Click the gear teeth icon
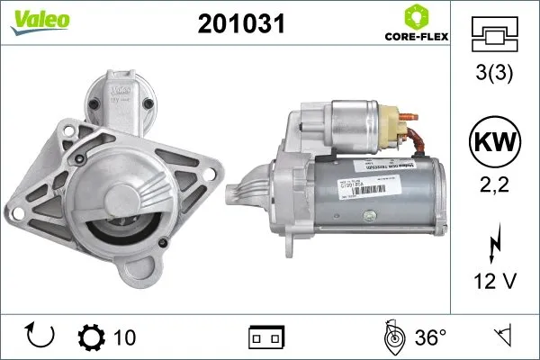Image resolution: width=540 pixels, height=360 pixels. [x=93, y=337]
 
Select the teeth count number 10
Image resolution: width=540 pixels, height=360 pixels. [x=125, y=337]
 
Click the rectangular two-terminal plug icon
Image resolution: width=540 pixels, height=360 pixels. [x=266, y=337]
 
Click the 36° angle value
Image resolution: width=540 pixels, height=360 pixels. [x=430, y=337]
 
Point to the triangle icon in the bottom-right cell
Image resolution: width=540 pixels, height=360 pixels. [x=501, y=337]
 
